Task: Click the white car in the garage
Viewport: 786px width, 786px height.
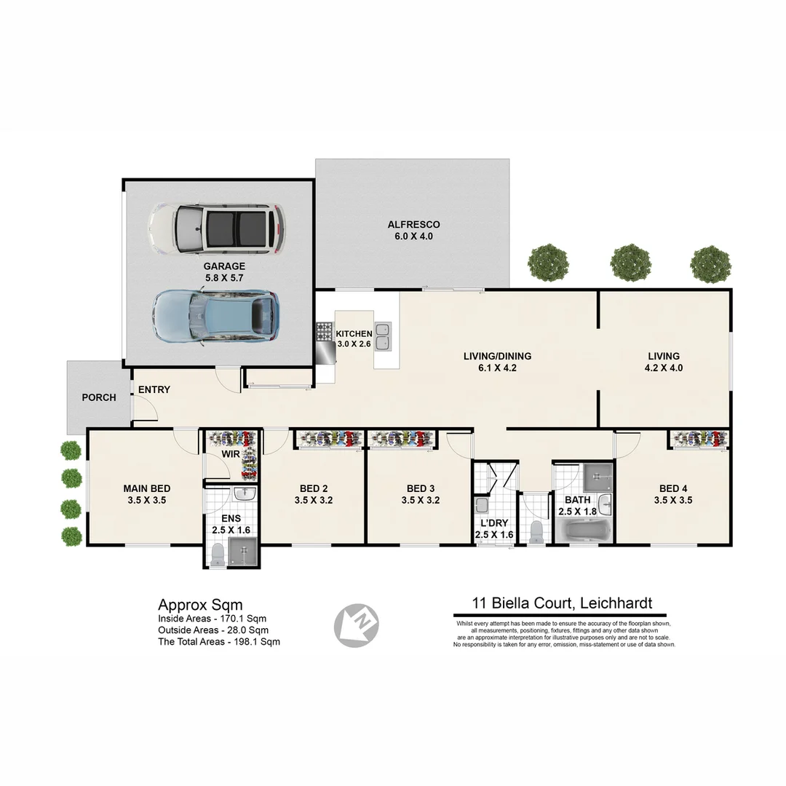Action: (217, 229)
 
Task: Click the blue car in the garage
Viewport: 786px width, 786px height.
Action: (215, 316)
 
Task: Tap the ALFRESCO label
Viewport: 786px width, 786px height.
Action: (413, 225)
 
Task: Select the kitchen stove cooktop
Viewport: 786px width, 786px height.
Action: (325, 332)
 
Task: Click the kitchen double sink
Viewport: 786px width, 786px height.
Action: (383, 336)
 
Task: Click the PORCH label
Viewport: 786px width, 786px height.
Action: (98, 397)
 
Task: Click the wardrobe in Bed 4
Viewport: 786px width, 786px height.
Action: (699, 438)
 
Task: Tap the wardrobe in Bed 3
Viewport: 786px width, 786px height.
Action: (402, 439)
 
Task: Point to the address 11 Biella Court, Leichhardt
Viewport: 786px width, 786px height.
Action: (562, 603)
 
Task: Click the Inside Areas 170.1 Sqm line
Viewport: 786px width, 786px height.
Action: (212, 619)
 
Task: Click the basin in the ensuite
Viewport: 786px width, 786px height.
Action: (245, 494)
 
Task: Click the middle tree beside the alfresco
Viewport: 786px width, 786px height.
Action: (630, 262)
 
